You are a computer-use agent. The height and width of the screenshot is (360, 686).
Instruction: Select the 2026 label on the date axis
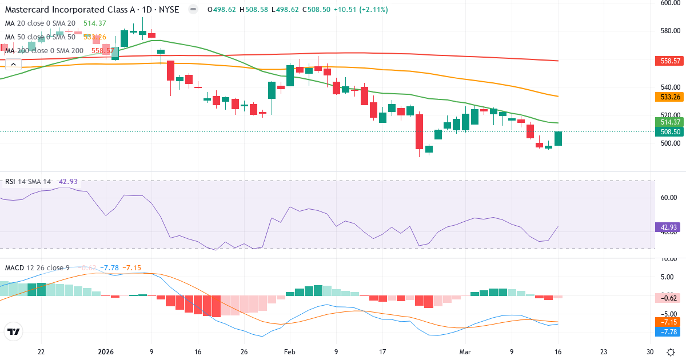click(x=106, y=352)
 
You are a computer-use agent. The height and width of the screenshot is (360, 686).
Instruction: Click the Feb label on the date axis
click(x=290, y=352)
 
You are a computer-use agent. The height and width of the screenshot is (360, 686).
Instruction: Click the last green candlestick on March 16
click(x=558, y=138)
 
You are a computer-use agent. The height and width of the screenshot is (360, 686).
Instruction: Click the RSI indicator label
click(x=10, y=182)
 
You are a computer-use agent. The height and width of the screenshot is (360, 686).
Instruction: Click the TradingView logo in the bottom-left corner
click(x=14, y=331)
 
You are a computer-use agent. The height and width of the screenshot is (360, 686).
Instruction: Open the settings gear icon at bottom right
click(x=671, y=352)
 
